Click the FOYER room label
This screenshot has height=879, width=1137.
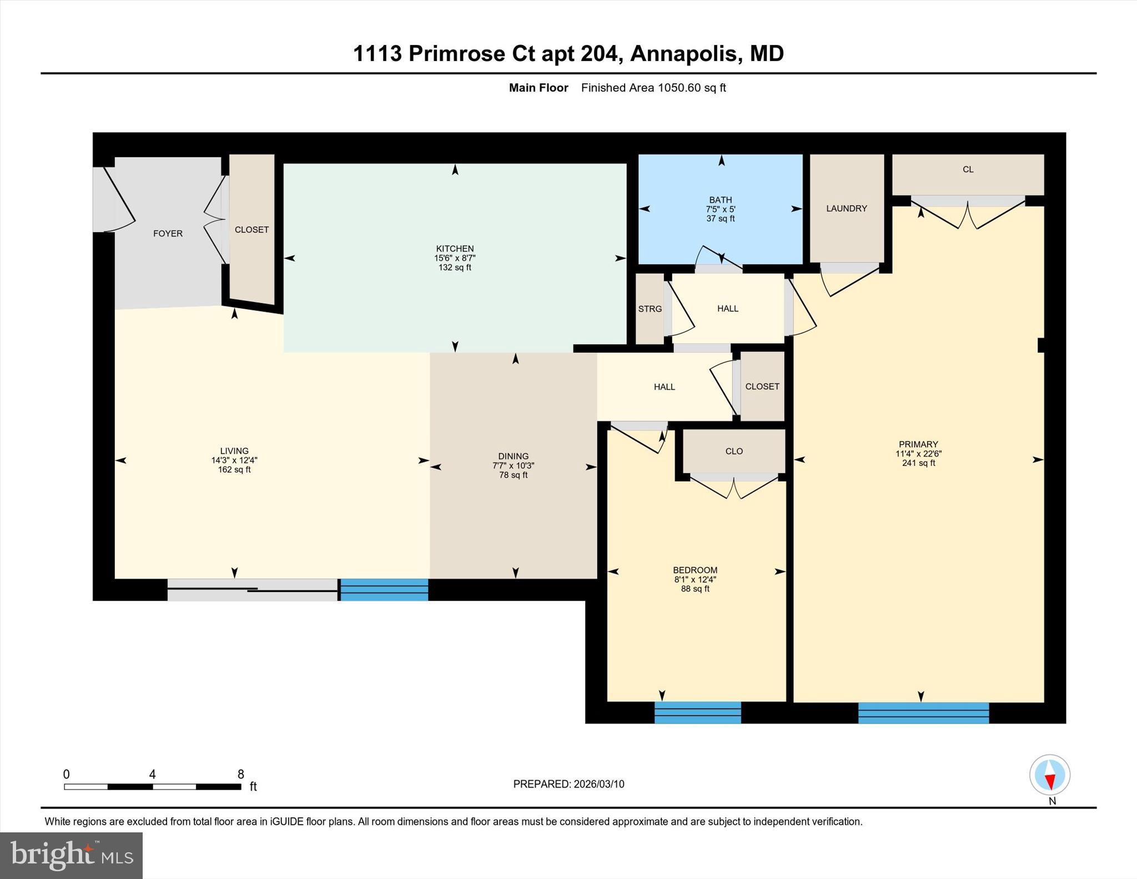tap(168, 234)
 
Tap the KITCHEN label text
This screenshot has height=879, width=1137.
tap(455, 249)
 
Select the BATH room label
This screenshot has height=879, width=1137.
tap(720, 200)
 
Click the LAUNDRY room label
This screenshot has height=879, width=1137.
tap(846, 209)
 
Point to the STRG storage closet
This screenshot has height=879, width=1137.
tap(650, 309)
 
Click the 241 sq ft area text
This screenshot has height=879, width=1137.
tap(918, 463)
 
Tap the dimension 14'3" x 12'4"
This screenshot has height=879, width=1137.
tap(234, 460)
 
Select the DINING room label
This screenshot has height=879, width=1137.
tap(513, 456)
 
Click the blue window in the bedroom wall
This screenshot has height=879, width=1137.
tap(697, 712)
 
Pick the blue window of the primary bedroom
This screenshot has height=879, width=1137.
tap(923, 712)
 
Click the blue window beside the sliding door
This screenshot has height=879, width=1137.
tap(384, 590)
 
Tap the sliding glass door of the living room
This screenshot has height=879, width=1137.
tap(253, 590)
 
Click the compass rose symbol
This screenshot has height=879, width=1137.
tap(1049, 775)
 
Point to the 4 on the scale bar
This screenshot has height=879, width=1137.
tap(152, 774)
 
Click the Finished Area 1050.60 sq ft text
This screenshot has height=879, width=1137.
tap(653, 88)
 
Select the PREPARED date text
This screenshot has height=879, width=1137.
tap(568, 784)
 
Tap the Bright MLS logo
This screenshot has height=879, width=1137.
tap(71, 855)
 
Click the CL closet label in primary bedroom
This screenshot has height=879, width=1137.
tap(968, 170)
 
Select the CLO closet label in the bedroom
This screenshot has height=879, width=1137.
tap(733, 451)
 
